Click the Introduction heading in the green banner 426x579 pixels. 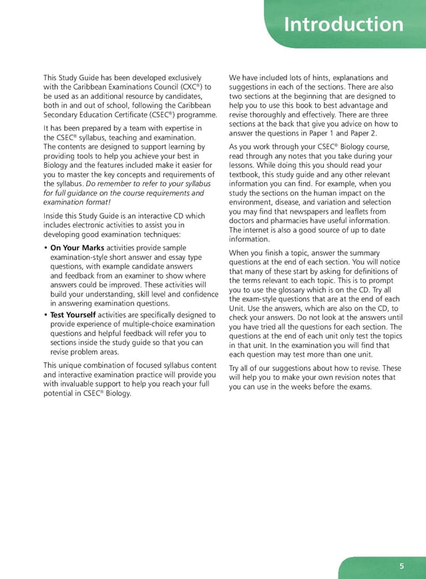[x=343, y=25]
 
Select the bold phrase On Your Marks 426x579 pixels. [x=77, y=247]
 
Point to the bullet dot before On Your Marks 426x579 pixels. [x=45, y=248]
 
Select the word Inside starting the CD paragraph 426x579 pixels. [x=55, y=216]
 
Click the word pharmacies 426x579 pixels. [x=288, y=221]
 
